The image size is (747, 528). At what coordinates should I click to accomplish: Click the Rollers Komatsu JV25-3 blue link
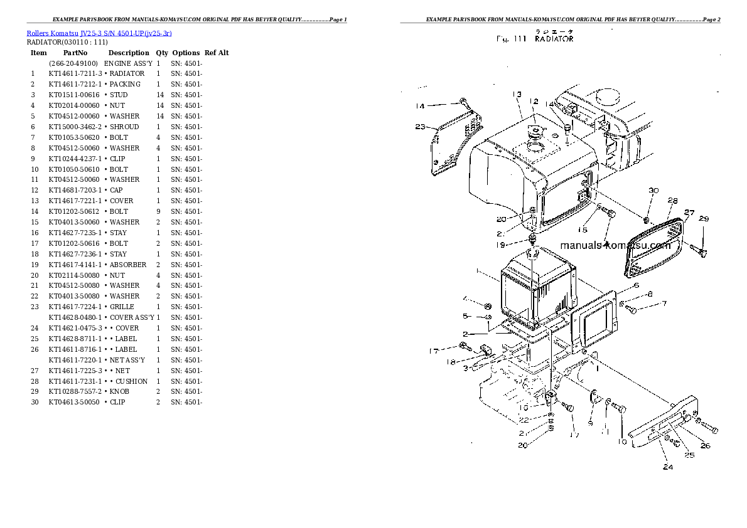point(99,33)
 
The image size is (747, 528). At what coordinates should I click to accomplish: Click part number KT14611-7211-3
point(75,73)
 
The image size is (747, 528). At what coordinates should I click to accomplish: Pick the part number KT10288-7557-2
point(75,391)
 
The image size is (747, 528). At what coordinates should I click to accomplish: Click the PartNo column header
point(75,53)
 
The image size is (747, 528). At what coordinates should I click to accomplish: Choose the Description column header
point(129,53)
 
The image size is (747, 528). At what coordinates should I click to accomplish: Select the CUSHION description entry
point(131,381)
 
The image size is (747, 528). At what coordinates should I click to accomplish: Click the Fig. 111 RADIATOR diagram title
point(535,39)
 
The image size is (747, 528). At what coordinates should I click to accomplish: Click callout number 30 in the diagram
point(653,191)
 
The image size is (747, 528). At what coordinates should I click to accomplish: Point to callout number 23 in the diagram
point(421,127)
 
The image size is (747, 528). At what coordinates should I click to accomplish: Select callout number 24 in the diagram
point(668,467)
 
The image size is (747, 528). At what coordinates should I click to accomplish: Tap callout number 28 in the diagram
point(672,201)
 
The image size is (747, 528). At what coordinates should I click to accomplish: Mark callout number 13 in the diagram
point(516,94)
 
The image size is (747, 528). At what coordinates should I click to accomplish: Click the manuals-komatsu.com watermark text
point(615,245)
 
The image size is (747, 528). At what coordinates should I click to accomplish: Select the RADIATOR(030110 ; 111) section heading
point(67,42)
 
